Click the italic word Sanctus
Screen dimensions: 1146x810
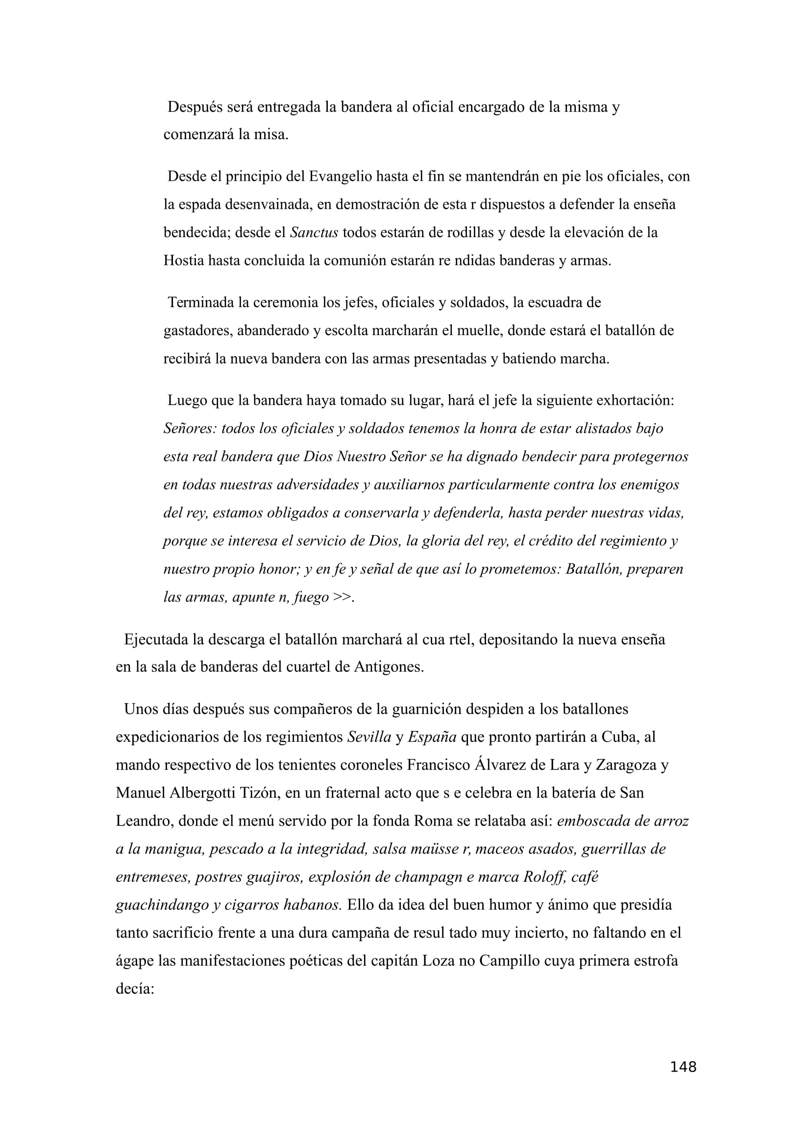(x=314, y=233)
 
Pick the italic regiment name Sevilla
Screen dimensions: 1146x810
(x=369, y=737)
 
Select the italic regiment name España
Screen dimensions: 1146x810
(x=432, y=737)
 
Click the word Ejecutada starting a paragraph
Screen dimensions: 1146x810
(x=156, y=639)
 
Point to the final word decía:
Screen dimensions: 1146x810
(x=135, y=989)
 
